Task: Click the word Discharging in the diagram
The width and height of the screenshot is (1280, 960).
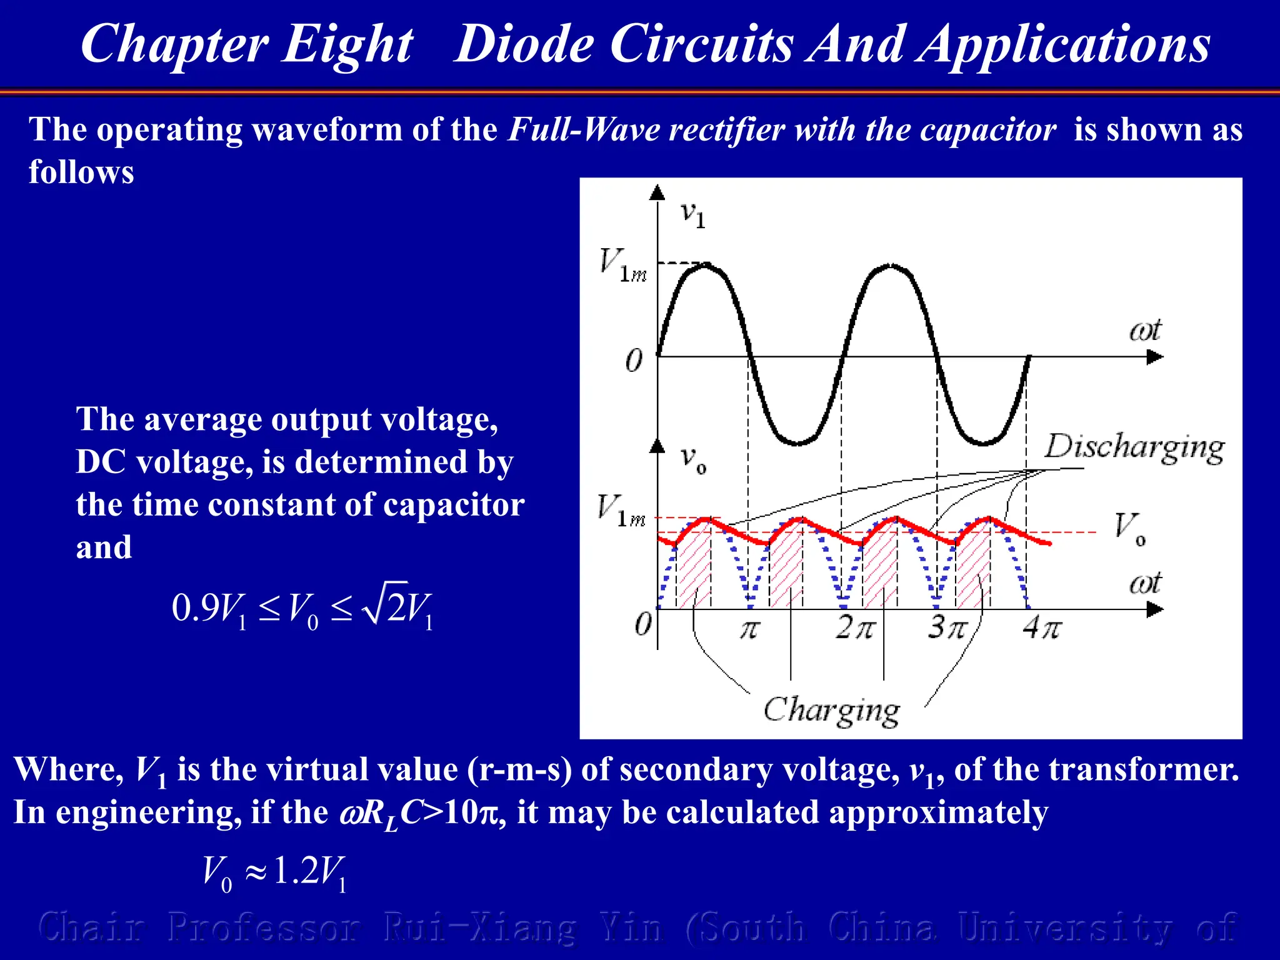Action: pyautogui.click(x=1134, y=447)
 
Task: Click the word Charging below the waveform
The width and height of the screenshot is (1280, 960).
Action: pyautogui.click(x=831, y=711)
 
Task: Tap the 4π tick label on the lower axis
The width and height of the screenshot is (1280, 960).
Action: pyautogui.click(x=1041, y=627)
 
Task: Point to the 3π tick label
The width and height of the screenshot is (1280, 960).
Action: pyautogui.click(x=947, y=627)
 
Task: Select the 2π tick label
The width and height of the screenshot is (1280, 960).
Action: pyautogui.click(x=855, y=627)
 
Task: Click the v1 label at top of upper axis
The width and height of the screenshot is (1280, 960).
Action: pyautogui.click(x=692, y=214)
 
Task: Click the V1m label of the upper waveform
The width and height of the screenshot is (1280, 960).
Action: pyautogui.click(x=622, y=266)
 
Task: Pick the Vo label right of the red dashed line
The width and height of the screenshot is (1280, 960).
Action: pyautogui.click(x=1130, y=528)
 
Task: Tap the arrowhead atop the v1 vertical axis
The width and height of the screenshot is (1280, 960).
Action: pyautogui.click(x=657, y=192)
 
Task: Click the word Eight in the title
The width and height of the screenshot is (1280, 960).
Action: pyautogui.click(x=347, y=45)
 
